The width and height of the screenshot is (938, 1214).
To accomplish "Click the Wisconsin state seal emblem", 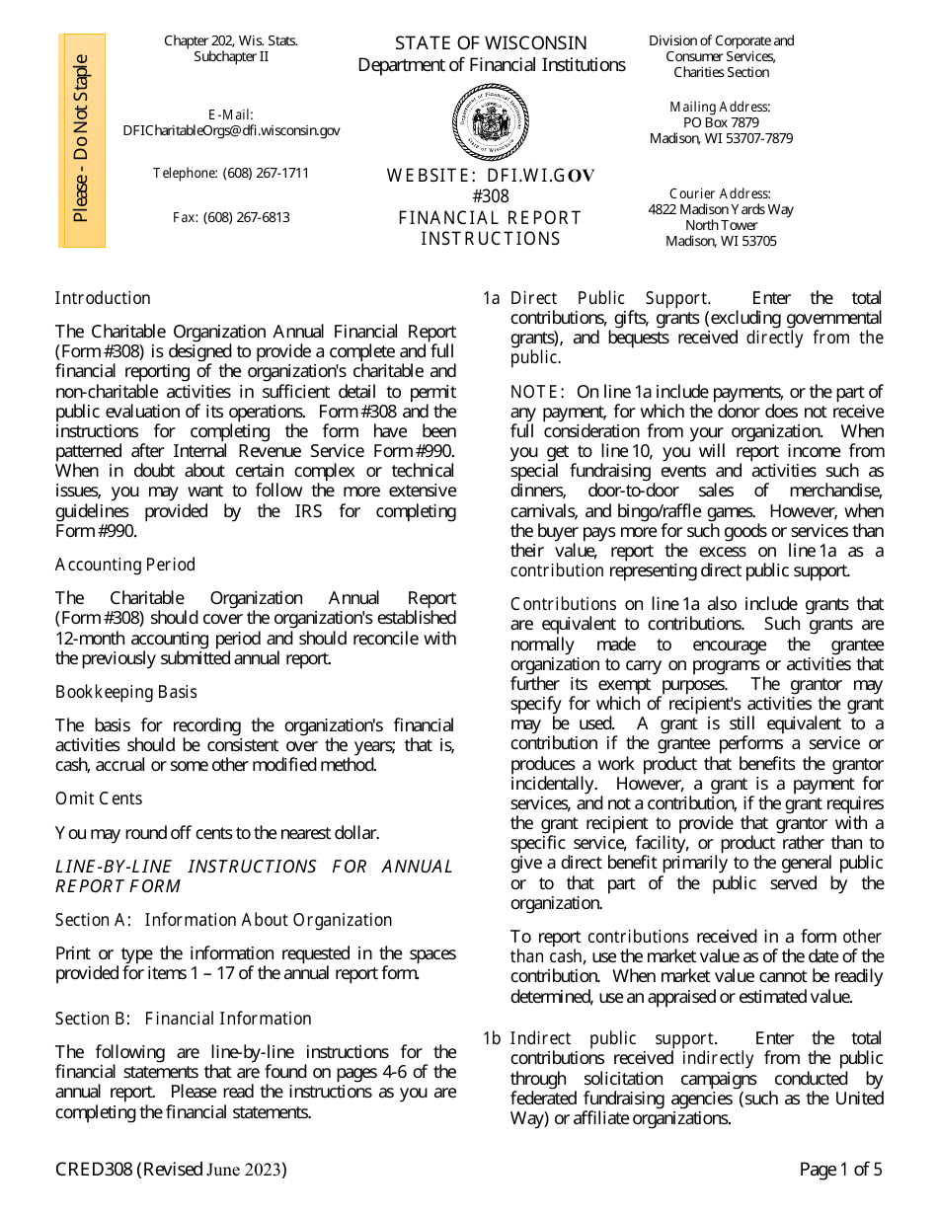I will click(x=491, y=122).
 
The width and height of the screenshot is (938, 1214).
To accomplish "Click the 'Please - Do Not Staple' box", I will click(x=82, y=139).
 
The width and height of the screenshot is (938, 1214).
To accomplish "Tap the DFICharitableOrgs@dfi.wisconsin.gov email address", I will click(x=231, y=130).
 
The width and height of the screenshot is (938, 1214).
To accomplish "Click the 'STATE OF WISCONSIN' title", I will click(x=491, y=43).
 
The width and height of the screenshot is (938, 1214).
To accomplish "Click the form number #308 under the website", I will click(x=491, y=196).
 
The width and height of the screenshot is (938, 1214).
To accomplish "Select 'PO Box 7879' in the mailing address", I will click(x=721, y=123).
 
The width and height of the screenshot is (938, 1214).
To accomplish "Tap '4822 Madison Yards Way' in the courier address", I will click(x=721, y=210).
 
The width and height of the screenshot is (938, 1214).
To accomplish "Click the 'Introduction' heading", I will click(x=103, y=298).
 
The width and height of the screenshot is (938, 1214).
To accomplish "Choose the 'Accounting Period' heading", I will click(x=125, y=565).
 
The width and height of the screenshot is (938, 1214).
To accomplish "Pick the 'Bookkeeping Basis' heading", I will click(x=126, y=692).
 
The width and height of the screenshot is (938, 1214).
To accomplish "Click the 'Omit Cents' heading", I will click(x=99, y=798).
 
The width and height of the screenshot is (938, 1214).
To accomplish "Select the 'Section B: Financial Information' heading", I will click(x=184, y=1019).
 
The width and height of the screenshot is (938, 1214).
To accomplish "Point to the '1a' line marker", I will click(x=492, y=298).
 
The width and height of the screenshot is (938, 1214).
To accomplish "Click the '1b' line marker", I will click(x=492, y=1038).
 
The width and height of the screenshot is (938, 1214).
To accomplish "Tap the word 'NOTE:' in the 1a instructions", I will click(x=537, y=393).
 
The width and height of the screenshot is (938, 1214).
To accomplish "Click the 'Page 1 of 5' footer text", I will click(x=840, y=1171).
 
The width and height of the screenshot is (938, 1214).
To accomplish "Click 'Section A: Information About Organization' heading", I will click(x=223, y=920).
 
